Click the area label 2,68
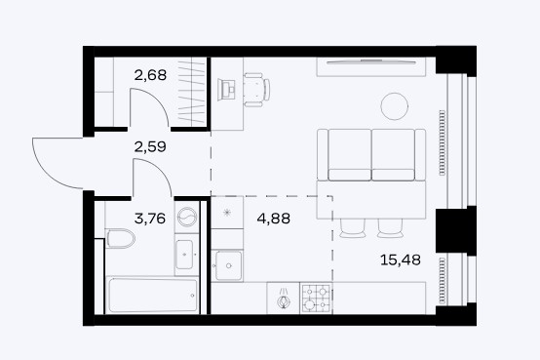click(150, 75)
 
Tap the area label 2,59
click(150, 146)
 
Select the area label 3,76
click(150, 219)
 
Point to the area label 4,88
click(274, 219)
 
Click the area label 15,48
click(401, 260)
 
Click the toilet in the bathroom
click(121, 238)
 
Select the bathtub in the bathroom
click(153, 296)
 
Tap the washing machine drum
click(187, 218)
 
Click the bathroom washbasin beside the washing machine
click(184, 255)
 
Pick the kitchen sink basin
click(228, 265)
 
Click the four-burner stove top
click(316, 299)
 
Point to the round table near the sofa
click(395, 106)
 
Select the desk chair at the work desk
click(257, 90)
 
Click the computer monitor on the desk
click(226, 90)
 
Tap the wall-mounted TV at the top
click(371, 62)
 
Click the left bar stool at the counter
click(352, 228)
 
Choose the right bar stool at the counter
click(390, 228)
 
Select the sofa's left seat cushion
click(350, 155)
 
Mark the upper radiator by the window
click(443, 142)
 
